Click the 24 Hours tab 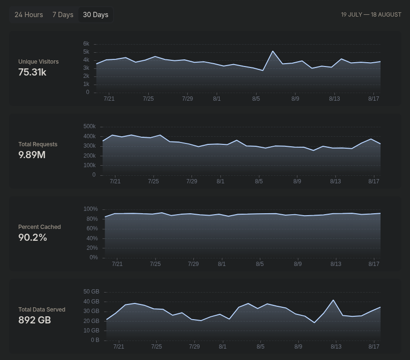click(x=29, y=15)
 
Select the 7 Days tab click(x=63, y=15)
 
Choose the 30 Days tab click(x=95, y=15)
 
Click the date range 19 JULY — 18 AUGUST click(x=371, y=15)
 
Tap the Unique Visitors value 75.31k click(x=32, y=72)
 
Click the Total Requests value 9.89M click(x=32, y=155)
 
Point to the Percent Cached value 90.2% click(x=33, y=237)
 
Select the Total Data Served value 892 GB click(x=35, y=320)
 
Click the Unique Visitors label click(x=38, y=62)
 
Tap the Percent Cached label click(x=39, y=227)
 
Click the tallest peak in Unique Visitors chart click(x=273, y=51)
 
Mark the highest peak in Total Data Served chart click(x=333, y=300)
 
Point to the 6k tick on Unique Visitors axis click(x=86, y=44)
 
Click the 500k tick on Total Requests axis click(x=89, y=126)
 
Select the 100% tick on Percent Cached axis click(x=90, y=209)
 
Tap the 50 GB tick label click(x=91, y=292)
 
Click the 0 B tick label click(x=95, y=340)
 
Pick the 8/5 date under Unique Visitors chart click(x=256, y=99)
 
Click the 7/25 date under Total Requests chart click(x=153, y=181)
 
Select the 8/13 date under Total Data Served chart click(x=336, y=347)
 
